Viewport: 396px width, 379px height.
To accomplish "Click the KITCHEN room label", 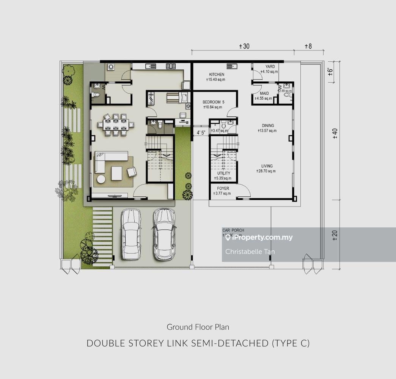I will (217, 75).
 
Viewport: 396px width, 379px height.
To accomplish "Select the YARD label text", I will (270, 67).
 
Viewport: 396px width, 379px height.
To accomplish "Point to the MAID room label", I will (264, 93).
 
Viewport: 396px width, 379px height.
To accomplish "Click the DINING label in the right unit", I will (267, 126).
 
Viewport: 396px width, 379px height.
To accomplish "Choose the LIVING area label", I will (267, 166).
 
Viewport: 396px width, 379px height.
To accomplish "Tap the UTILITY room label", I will (223, 173).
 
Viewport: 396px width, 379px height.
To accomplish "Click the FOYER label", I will (223, 188).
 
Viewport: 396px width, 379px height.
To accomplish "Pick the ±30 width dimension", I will (244, 46).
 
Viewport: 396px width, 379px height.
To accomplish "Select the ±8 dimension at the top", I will (308, 46).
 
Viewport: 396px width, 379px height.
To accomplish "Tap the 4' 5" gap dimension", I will (201, 133).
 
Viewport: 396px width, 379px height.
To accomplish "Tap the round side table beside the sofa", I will (101, 179).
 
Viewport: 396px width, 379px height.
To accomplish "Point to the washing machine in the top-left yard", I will (111, 67).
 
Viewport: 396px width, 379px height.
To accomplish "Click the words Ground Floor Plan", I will (198, 327).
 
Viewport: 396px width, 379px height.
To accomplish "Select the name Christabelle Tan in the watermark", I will (245, 251).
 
